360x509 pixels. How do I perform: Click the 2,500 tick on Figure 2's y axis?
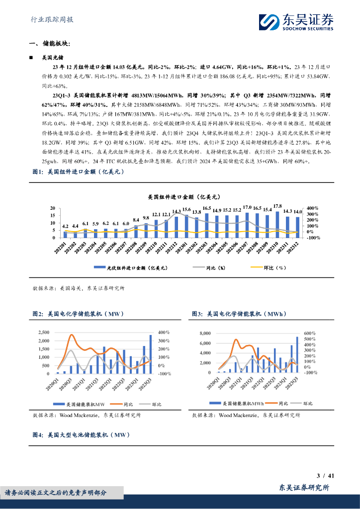(x=44, y=332)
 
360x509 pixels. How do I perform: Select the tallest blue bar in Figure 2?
(x=151, y=354)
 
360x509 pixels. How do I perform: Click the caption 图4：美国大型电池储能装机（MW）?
(x=81, y=434)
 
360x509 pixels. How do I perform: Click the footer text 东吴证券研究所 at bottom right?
(x=304, y=488)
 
